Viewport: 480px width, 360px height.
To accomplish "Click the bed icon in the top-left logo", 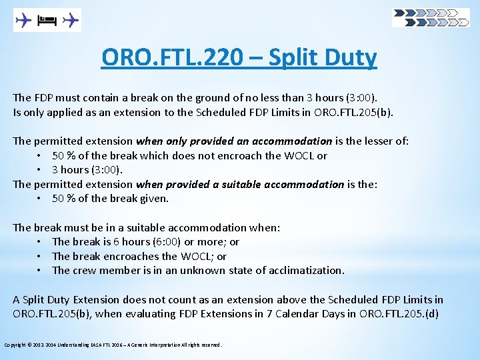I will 47,21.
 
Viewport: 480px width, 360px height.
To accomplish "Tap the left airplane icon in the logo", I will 24,21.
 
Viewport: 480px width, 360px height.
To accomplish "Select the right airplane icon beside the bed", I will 70,21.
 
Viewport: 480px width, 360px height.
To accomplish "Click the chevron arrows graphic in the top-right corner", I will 431,17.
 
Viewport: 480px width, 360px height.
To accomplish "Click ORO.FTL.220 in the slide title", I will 172,58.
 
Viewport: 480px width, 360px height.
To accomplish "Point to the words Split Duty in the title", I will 322,58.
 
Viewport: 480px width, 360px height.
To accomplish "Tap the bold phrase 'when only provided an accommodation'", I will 233,141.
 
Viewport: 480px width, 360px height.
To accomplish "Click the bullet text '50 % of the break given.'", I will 110,199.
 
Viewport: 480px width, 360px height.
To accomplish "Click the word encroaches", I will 140,257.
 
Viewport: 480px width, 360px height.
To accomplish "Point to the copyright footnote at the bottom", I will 113,345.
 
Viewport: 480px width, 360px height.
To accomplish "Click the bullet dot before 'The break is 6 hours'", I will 40,242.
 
